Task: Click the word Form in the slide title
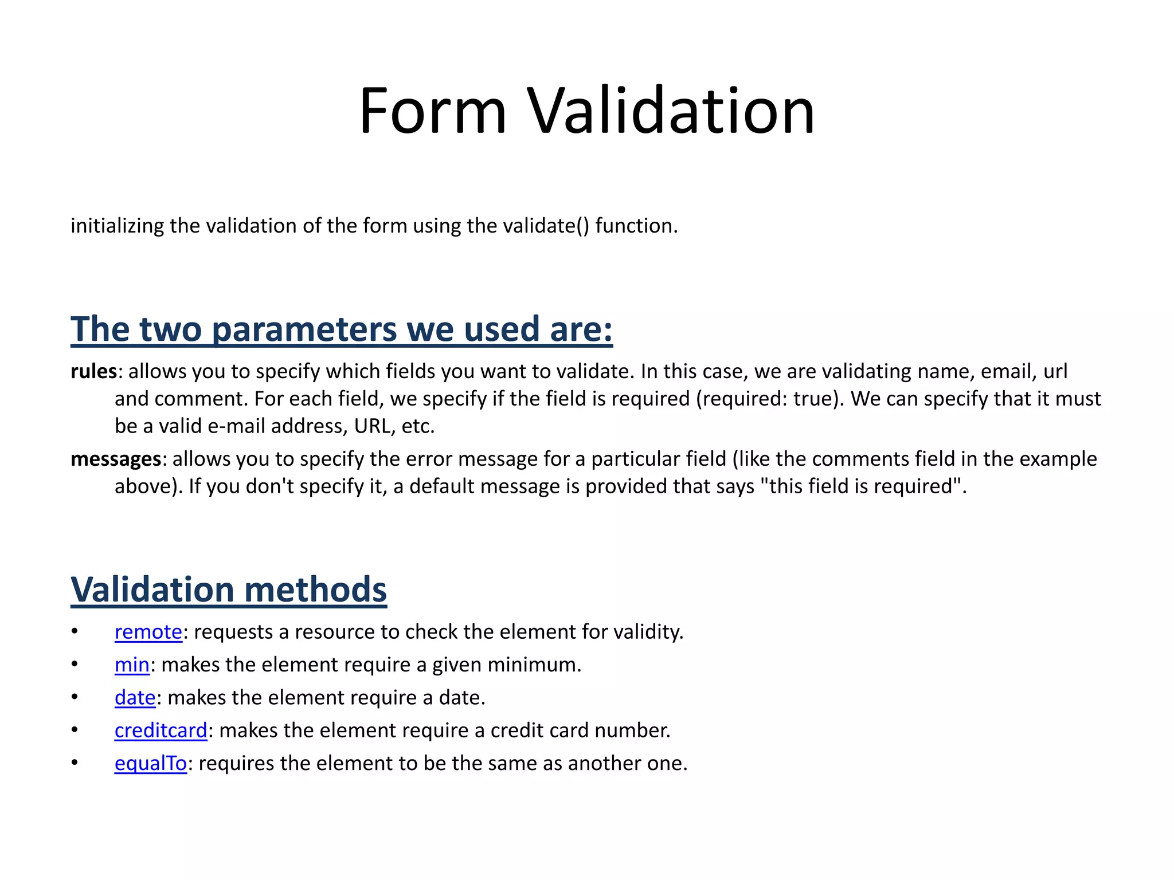pyautogui.click(x=433, y=111)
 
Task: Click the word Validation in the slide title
pyautogui.click(x=671, y=111)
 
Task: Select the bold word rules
pyautogui.click(x=93, y=371)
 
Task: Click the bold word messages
pyautogui.click(x=116, y=459)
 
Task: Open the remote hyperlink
pyautogui.click(x=148, y=632)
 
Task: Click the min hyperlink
pyautogui.click(x=132, y=665)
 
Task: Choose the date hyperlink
pyautogui.click(x=135, y=698)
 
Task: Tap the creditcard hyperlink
pyautogui.click(x=161, y=730)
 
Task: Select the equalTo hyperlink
pyautogui.click(x=151, y=764)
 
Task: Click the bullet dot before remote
pyautogui.click(x=75, y=631)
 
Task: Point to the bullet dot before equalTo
pyautogui.click(x=75, y=763)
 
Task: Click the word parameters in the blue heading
pyautogui.click(x=304, y=329)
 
